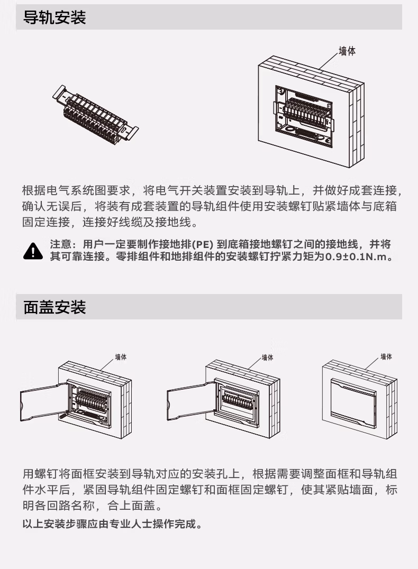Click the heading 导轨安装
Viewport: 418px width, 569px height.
[54, 18]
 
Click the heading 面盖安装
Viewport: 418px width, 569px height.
[54, 307]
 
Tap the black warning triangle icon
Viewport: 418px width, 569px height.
[32, 251]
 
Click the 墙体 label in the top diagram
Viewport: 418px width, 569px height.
[347, 52]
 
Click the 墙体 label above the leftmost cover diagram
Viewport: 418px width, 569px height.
[121, 357]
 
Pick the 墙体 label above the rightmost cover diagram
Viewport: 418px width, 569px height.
[386, 357]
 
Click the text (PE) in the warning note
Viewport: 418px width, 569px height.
[202, 245]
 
